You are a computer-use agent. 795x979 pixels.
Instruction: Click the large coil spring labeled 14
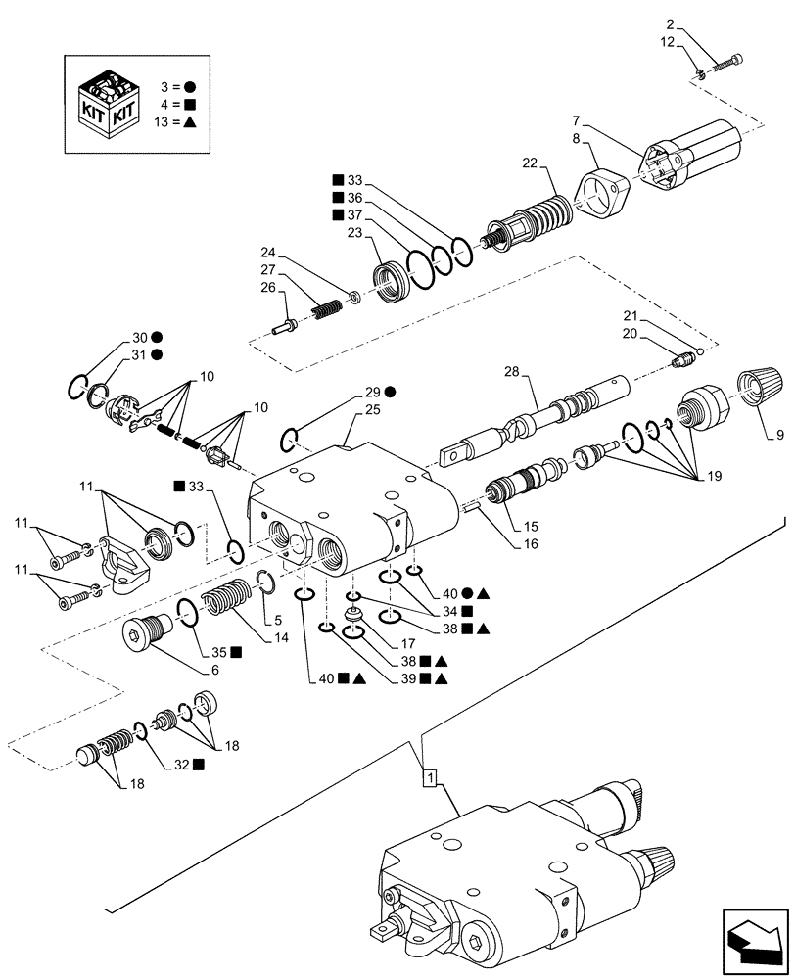[227, 607]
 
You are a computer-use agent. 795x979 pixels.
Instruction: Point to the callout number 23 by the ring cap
[354, 234]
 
